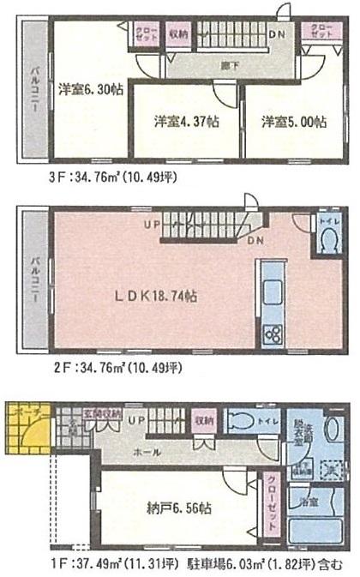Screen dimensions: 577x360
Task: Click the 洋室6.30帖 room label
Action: pyautogui.click(x=89, y=88)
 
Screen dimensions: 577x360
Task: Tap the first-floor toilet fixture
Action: pyautogui.click(x=243, y=422)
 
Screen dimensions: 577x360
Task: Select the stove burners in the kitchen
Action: pyautogui.click(x=273, y=333)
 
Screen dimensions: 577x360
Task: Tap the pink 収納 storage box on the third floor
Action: pyautogui.click(x=177, y=34)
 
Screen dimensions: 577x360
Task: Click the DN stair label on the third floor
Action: pyautogui.click(x=278, y=34)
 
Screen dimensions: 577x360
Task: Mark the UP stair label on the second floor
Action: pyautogui.click(x=152, y=225)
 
